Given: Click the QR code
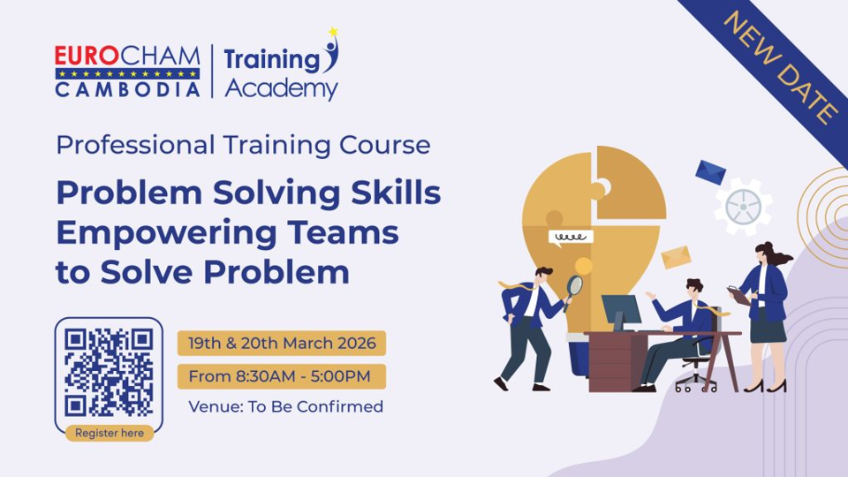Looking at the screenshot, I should point(109,372).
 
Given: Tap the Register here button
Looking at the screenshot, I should point(109,433).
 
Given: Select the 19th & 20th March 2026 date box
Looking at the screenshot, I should point(282,344).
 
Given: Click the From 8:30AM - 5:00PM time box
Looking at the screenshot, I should point(279,376).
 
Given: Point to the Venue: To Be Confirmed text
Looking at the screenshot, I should point(285,407).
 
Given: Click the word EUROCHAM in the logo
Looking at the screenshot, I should point(127,56).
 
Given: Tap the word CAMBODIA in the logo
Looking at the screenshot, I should point(127,90).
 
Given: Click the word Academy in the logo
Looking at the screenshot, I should point(281,89).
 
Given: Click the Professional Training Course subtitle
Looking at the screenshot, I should point(243,145).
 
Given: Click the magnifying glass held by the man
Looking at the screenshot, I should point(574,285).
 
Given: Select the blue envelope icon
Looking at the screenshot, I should point(710,171).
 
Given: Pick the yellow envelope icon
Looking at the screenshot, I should point(676,256).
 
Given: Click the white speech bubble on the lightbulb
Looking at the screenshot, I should point(570,237).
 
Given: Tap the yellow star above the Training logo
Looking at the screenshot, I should point(333,33).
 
